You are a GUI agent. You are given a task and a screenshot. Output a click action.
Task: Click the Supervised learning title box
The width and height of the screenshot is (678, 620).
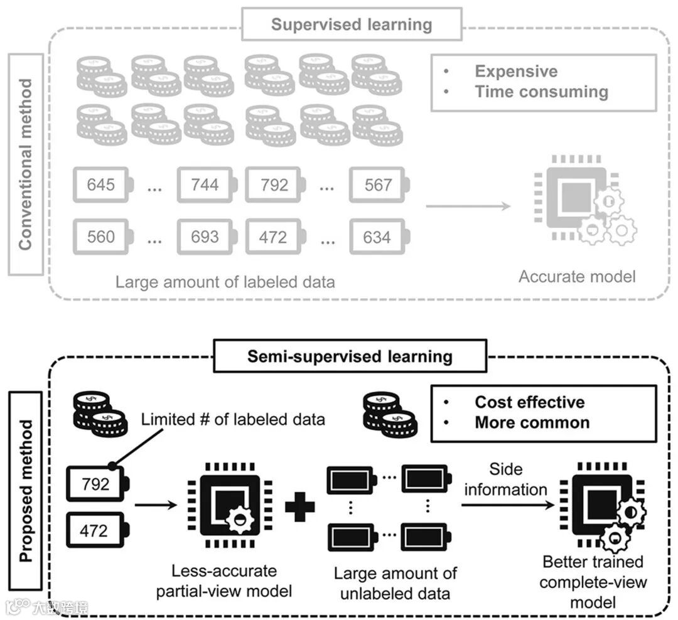[352, 24]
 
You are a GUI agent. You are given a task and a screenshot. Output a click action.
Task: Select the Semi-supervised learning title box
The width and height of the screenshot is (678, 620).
[350, 356]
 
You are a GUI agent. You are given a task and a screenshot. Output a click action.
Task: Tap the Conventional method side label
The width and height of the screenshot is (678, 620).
[25, 164]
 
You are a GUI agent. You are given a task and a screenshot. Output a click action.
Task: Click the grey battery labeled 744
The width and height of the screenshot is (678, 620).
[207, 184]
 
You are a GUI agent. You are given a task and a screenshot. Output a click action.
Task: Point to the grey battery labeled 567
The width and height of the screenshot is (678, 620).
[379, 184]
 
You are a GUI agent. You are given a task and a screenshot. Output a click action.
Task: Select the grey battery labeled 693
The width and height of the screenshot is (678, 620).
[207, 237]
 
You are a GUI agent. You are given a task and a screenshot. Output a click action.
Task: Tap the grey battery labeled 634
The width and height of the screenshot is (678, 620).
[379, 237]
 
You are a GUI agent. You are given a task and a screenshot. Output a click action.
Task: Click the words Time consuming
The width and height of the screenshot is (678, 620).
[541, 92]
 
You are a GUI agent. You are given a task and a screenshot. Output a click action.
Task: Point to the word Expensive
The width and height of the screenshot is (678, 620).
[516, 71]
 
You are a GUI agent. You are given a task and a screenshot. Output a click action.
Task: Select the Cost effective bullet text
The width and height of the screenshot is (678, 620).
[529, 402]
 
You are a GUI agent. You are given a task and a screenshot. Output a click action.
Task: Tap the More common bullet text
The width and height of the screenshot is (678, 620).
[532, 422]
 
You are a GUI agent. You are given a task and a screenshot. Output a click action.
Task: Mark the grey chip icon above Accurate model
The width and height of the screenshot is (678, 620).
[574, 200]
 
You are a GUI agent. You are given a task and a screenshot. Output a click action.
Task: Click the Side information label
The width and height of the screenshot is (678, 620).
[505, 479]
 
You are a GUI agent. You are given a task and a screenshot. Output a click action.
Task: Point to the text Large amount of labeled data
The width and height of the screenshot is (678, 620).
[225, 281]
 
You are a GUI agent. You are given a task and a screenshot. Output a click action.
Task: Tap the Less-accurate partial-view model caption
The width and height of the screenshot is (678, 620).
[224, 581]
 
